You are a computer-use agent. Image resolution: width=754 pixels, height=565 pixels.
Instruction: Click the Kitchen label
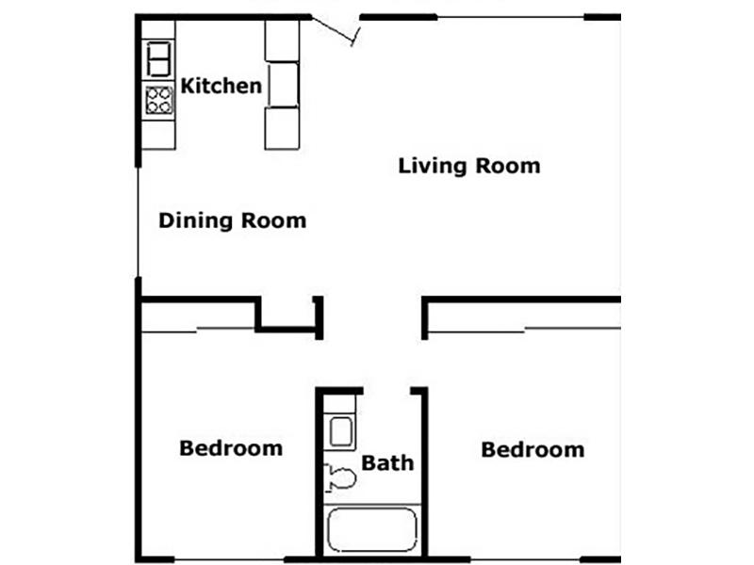click(x=221, y=86)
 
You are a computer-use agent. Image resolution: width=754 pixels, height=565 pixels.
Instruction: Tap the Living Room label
click(x=469, y=167)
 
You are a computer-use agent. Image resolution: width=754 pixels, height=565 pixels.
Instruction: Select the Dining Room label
click(x=232, y=221)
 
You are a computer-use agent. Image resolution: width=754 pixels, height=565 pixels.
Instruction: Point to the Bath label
click(x=387, y=463)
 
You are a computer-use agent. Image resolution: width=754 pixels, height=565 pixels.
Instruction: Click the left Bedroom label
click(x=231, y=448)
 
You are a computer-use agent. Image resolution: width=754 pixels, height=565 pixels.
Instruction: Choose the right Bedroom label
click(x=533, y=450)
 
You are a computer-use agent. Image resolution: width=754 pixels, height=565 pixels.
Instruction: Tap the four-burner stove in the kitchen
click(x=158, y=100)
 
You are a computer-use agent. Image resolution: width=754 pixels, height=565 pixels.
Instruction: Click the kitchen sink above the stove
click(x=158, y=59)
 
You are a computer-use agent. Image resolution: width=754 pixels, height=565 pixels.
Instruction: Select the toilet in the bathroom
click(x=340, y=478)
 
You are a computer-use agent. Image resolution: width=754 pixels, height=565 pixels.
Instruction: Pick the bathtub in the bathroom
click(x=371, y=530)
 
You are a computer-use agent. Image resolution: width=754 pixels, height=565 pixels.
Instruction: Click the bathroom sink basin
click(x=340, y=432)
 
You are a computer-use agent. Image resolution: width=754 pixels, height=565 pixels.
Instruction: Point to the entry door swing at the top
click(x=336, y=31)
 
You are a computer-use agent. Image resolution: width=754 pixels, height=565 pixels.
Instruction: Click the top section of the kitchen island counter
click(x=282, y=40)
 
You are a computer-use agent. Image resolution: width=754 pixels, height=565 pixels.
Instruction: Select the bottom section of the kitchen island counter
click(x=282, y=128)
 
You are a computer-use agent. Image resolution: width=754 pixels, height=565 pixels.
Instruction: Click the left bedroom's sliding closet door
click(x=198, y=331)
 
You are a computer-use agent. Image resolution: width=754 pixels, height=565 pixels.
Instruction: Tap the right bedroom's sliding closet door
click(x=524, y=331)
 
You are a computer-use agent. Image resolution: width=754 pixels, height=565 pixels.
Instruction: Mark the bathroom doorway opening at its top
click(x=386, y=390)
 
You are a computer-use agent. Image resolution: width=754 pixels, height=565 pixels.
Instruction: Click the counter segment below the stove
click(x=158, y=135)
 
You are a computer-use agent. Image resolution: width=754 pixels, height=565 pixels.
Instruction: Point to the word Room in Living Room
click(x=508, y=167)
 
